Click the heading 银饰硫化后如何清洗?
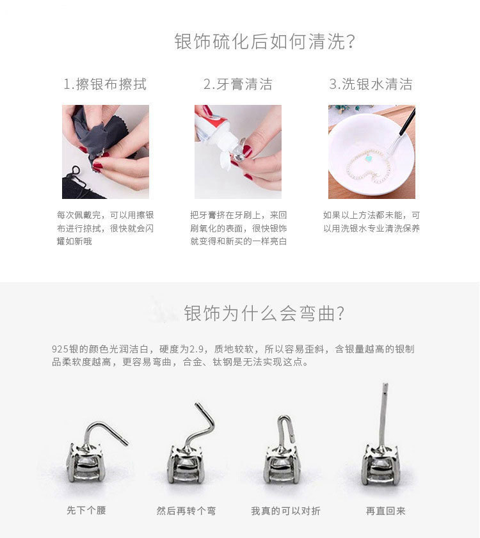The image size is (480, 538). (264, 42)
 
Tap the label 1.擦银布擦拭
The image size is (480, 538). (105, 84)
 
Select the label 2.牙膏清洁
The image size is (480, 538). (237, 84)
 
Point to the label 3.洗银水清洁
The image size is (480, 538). (371, 84)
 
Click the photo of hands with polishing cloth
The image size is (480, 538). (106, 152)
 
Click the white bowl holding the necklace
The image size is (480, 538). (365, 157)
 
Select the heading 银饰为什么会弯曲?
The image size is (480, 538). (264, 314)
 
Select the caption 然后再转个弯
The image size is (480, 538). (186, 510)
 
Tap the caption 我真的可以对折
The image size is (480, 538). (285, 510)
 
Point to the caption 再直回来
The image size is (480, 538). (385, 510)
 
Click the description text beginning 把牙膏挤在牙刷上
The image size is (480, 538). (238, 228)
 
